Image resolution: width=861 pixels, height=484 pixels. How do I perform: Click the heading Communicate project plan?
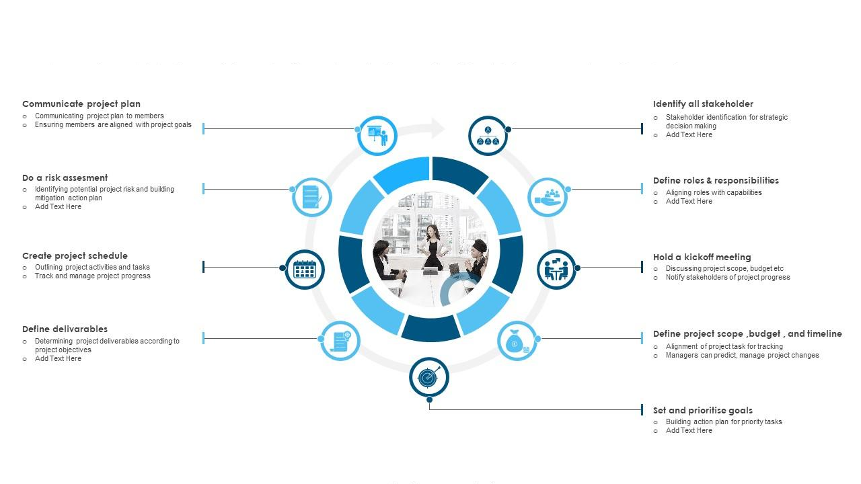coord(81,104)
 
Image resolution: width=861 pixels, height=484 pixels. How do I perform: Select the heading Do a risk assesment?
coord(65,178)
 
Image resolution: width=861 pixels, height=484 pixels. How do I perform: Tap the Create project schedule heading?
coord(75,256)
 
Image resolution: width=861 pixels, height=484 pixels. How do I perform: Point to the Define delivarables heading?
coord(65,329)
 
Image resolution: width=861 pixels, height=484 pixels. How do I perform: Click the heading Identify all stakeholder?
coord(703,104)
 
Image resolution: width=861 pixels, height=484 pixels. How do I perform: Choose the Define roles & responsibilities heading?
coord(716,181)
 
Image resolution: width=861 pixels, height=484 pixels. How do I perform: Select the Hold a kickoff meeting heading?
coord(702,257)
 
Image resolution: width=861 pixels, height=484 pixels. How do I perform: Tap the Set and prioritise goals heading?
coord(702,411)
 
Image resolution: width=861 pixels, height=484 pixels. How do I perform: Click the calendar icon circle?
coord(305,270)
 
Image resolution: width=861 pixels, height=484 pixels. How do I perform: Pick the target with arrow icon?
coord(429,377)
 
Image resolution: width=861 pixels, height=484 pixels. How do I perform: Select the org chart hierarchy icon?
coord(488,136)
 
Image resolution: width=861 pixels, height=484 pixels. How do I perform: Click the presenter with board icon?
coord(377,135)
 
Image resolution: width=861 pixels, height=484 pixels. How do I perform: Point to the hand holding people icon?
coord(548,197)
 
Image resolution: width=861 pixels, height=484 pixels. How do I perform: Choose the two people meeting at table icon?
coord(556,270)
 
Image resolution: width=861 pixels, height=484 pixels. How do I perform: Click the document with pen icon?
coord(312,197)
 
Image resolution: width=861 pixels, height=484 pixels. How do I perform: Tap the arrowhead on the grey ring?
coord(437,128)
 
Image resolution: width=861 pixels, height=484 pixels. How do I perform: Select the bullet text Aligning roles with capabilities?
coord(714,193)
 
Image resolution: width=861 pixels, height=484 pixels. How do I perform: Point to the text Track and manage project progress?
coord(93,276)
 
